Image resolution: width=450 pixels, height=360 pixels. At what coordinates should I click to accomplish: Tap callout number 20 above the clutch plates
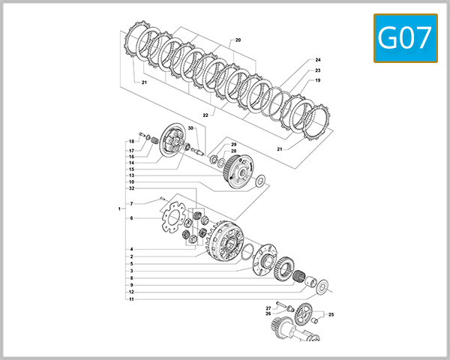(x=238, y=39)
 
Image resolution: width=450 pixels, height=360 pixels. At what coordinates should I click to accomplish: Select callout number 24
(x=318, y=60)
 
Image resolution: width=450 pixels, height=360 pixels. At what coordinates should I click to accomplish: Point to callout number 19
(x=318, y=80)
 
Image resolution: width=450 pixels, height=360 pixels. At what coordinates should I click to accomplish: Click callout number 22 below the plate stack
(x=204, y=115)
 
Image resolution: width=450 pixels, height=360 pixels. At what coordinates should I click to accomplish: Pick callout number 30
(x=190, y=129)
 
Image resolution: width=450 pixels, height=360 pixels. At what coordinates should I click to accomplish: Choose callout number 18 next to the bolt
(x=131, y=142)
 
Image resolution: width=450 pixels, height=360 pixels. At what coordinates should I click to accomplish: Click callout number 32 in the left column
(x=131, y=188)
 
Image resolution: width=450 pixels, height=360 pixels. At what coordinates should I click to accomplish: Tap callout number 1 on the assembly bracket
(x=118, y=208)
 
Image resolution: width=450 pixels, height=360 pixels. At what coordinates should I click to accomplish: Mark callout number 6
(x=131, y=218)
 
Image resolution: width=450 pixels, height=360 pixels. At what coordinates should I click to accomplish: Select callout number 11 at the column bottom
(x=131, y=299)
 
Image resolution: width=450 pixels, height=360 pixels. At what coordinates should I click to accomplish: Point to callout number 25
(x=331, y=314)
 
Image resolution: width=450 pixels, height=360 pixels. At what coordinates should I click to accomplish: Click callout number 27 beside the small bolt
(x=268, y=307)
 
